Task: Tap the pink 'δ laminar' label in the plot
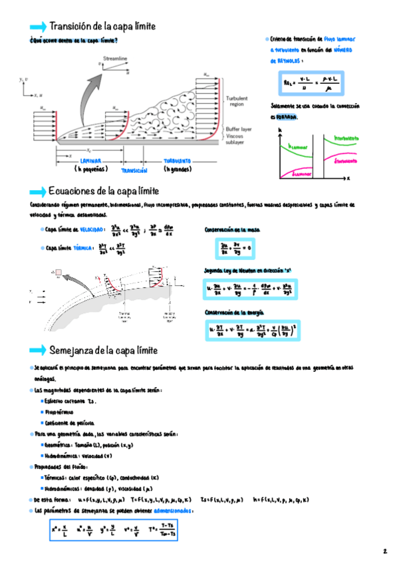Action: [x=303, y=174]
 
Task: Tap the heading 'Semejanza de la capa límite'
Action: [x=103, y=350]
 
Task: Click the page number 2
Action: [x=384, y=551]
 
